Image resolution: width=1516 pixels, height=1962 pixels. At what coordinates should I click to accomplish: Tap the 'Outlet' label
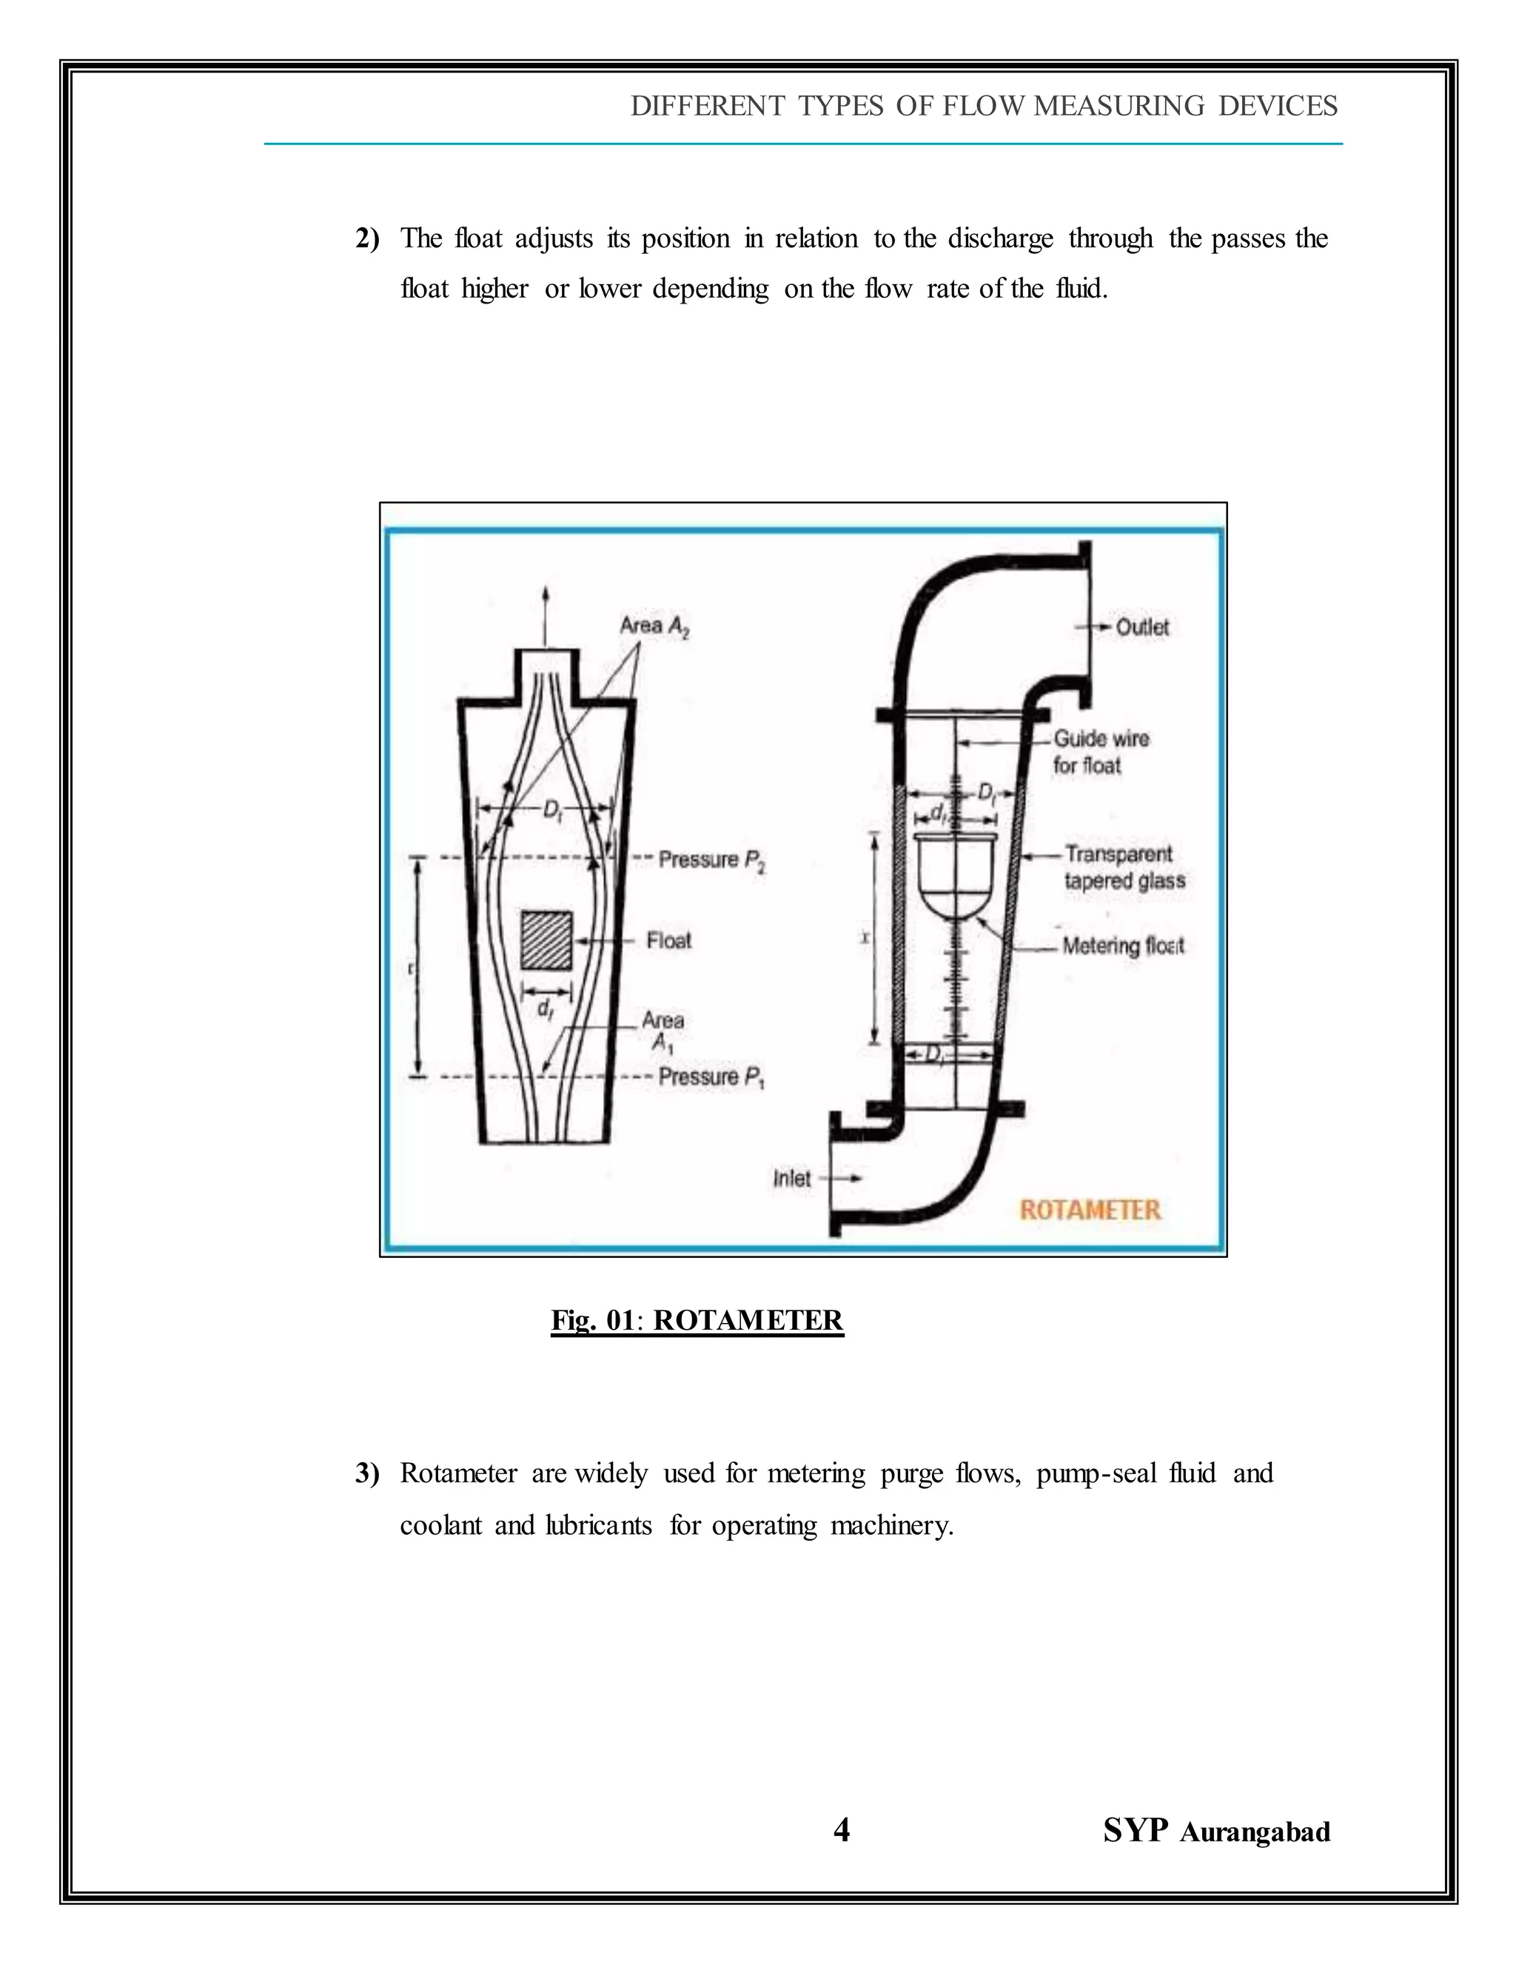point(1141,627)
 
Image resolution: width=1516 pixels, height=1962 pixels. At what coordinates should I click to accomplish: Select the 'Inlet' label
point(791,1178)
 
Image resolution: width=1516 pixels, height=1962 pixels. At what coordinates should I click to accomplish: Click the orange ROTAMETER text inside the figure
point(1090,1209)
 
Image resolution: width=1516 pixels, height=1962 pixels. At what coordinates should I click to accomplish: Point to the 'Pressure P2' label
point(711,860)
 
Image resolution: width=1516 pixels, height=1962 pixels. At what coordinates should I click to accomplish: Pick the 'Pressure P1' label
point(711,1077)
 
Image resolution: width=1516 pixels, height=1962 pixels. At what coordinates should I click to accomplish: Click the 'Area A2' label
point(654,626)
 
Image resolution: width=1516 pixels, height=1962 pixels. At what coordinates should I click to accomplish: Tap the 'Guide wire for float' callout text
point(1100,752)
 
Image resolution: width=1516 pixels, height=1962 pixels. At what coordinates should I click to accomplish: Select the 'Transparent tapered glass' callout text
point(1124,867)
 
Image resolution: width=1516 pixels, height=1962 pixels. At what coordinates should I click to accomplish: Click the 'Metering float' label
point(1123,945)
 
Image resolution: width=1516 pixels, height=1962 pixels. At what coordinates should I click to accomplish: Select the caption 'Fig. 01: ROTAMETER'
point(697,1321)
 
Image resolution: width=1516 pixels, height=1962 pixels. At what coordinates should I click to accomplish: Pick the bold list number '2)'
point(367,239)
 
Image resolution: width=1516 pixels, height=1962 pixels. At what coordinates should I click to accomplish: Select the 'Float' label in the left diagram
point(668,940)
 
